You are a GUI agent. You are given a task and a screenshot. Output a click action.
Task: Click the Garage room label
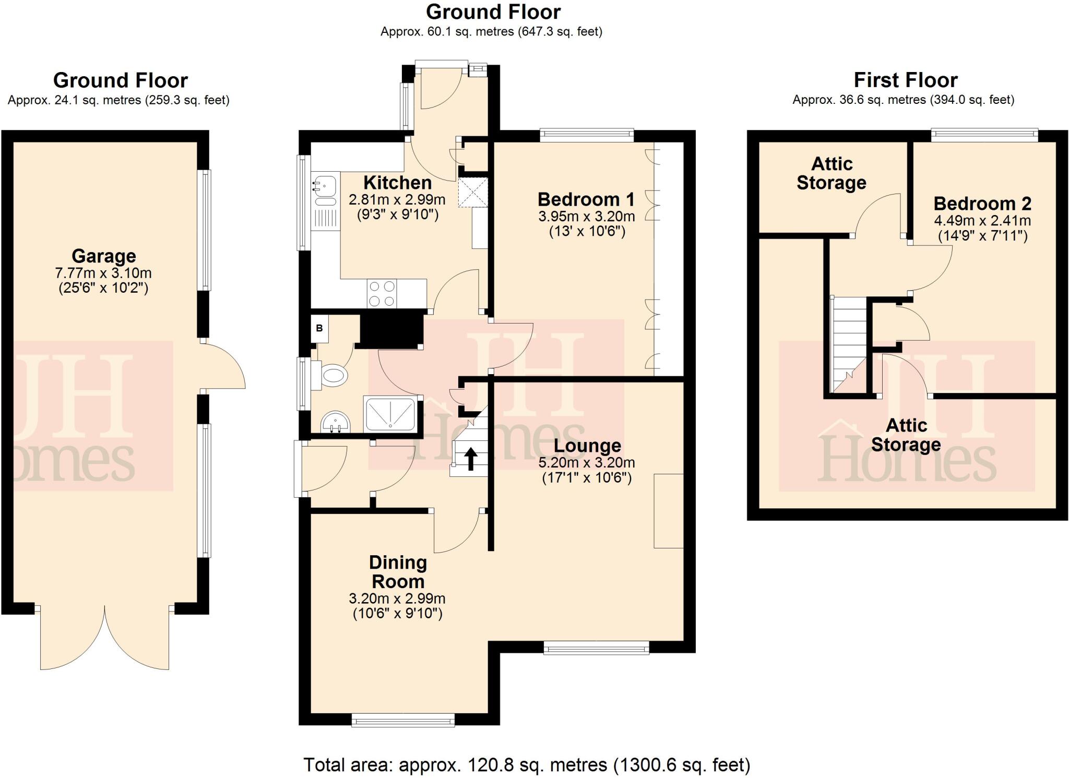tap(103, 256)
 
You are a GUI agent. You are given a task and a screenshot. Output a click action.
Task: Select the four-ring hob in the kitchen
tap(382, 294)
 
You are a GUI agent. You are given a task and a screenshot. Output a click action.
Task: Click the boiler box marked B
tap(319, 328)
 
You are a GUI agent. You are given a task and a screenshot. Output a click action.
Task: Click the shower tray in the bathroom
tap(391, 414)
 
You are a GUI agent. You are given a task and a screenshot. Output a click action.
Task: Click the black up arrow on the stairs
tap(470, 459)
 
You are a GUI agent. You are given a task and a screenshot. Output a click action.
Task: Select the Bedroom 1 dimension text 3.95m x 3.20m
tap(586, 216)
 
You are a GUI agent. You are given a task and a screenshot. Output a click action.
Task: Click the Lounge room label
tap(587, 446)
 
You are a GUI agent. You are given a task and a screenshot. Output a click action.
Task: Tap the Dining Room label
tap(398, 572)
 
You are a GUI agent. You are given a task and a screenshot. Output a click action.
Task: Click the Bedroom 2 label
tap(982, 204)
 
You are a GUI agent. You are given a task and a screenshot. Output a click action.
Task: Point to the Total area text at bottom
tap(527, 765)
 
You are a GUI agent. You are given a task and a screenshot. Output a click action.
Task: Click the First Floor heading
tap(905, 80)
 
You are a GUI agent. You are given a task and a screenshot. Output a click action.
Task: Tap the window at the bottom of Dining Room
tap(402, 721)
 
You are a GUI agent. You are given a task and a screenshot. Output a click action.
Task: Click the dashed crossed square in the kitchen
tap(472, 193)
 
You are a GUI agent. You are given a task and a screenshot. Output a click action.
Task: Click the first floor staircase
tap(849, 344)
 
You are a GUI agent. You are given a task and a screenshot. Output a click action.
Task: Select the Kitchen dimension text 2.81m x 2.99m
tap(397, 199)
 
